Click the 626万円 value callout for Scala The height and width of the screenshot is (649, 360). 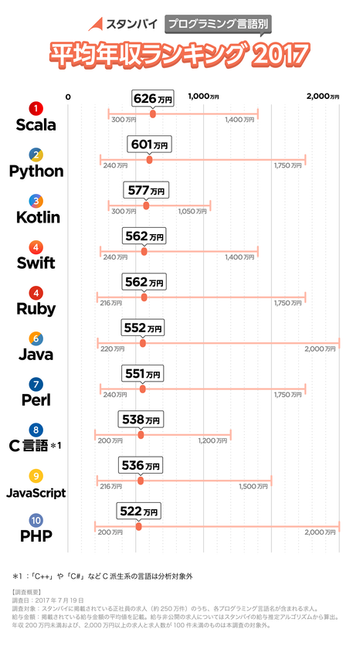153,98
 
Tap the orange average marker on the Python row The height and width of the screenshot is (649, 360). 149,159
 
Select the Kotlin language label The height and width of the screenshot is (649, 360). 38,217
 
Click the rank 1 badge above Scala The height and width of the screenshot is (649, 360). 36,109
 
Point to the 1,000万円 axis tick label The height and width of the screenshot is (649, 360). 204,97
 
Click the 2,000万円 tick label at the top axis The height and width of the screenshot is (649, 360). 323,97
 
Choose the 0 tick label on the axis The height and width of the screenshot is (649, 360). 69,97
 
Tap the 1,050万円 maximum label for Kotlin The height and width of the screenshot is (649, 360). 193,211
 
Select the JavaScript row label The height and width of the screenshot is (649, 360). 36,492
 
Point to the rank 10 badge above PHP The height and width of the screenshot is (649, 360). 36,521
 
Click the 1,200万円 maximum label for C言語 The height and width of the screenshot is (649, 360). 212,440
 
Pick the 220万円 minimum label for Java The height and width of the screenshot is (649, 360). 113,348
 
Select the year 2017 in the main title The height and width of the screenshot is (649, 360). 279,55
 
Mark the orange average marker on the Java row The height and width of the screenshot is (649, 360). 143,342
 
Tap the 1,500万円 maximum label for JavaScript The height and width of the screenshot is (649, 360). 252,486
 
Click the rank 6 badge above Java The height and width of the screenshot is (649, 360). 36,338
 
